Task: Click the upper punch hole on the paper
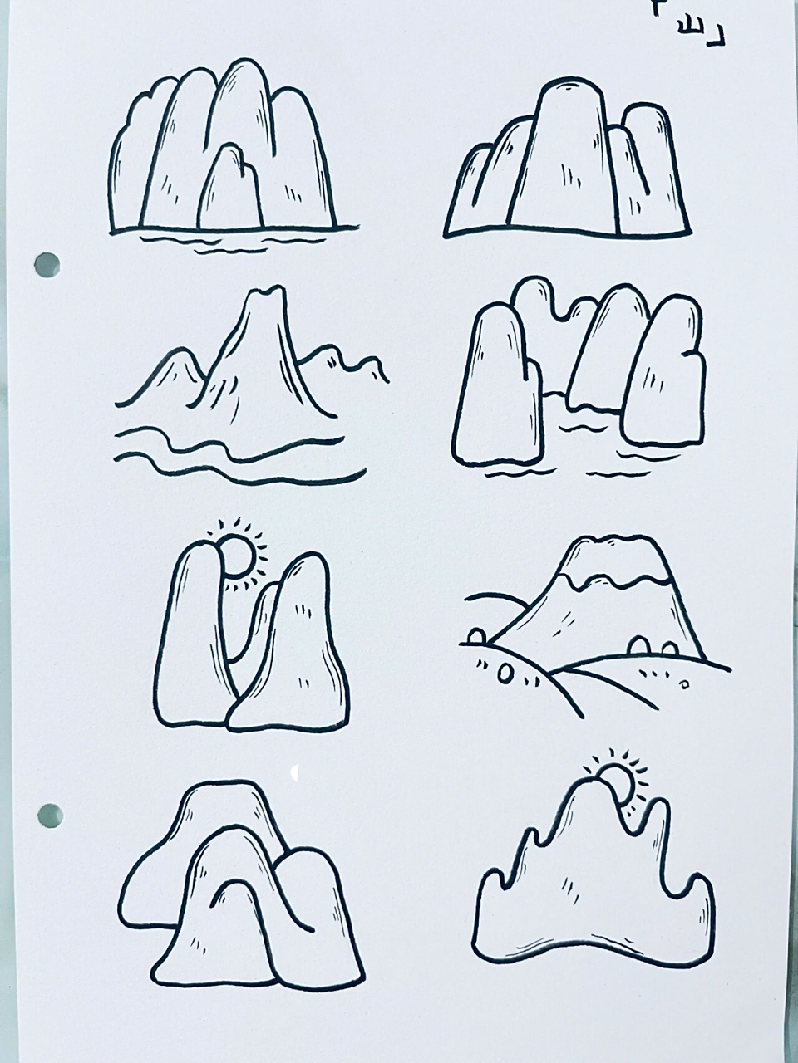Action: (47, 265)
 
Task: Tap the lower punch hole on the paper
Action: (50, 814)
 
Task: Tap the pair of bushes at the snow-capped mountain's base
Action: (653, 646)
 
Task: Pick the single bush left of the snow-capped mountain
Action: (476, 636)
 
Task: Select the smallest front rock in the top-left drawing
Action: (230, 191)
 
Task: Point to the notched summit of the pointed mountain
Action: (264, 296)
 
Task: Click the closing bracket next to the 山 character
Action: (717, 37)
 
